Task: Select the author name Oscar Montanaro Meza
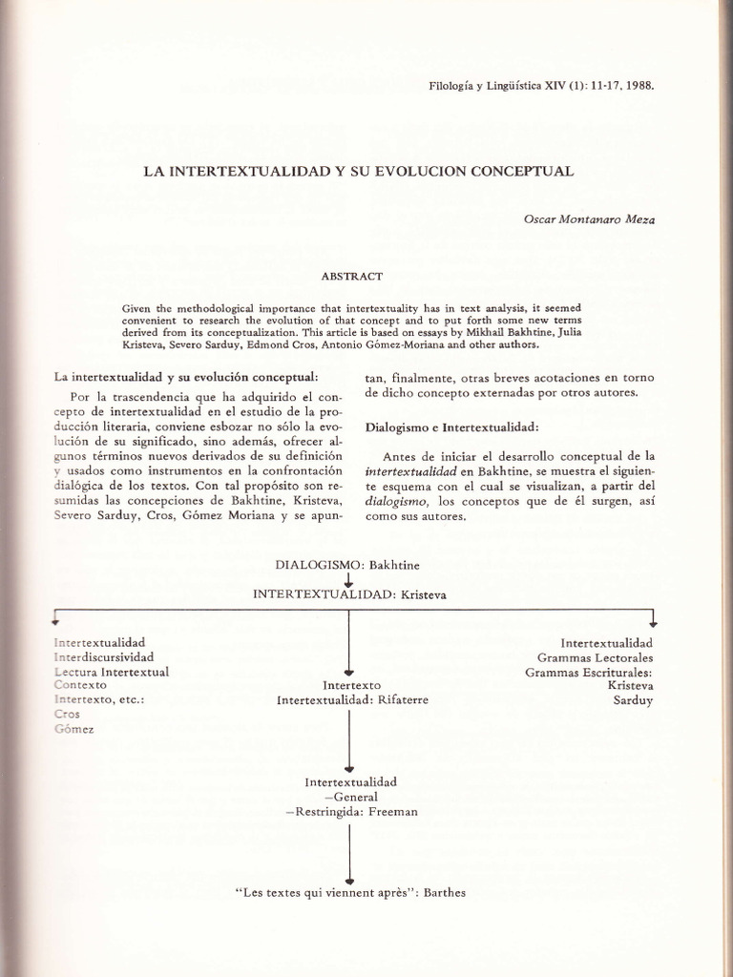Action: [590, 218]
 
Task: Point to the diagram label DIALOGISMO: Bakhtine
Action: [347, 565]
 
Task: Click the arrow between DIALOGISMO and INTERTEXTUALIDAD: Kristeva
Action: [348, 579]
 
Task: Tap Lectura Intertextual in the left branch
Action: [112, 672]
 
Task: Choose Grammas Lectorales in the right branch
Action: [595, 657]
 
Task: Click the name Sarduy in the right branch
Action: [633, 700]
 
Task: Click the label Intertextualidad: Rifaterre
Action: [352, 700]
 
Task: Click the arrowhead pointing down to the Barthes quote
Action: [348, 880]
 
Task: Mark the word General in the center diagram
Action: [351, 798]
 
